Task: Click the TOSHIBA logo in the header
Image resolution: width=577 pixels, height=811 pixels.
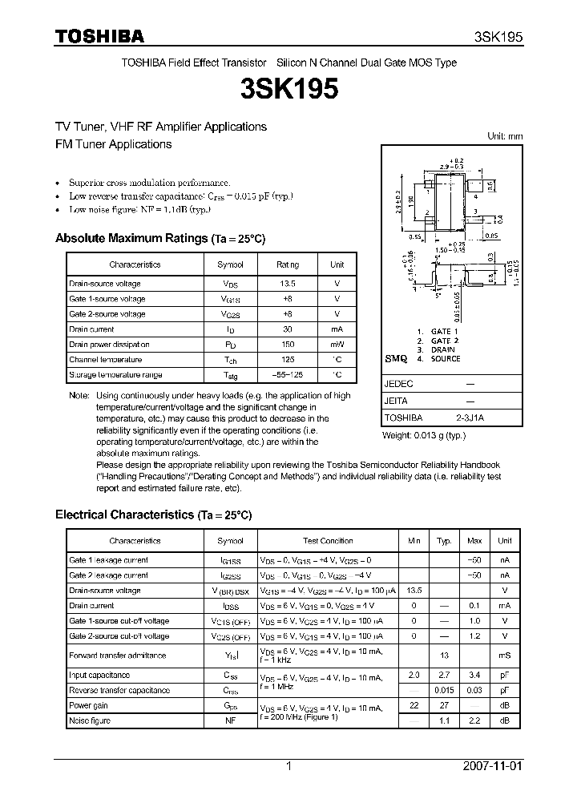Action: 99,36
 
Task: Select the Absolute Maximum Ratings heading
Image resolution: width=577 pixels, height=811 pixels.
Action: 159,239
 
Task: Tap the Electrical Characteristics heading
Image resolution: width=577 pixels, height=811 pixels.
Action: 153,514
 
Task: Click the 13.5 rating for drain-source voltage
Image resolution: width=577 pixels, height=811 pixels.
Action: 287,284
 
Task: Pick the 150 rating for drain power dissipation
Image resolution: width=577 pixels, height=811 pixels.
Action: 287,345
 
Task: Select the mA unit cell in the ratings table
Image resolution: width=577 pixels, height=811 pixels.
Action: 337,329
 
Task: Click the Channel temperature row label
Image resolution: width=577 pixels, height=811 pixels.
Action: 105,360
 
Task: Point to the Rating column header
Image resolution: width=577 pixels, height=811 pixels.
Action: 287,264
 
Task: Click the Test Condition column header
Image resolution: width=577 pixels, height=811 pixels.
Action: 328,541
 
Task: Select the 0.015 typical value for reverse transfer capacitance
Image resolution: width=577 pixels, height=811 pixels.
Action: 443,690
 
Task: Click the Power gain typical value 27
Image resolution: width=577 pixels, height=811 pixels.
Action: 443,706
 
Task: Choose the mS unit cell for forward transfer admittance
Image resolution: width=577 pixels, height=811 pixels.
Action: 504,656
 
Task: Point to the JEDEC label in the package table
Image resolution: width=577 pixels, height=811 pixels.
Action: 398,385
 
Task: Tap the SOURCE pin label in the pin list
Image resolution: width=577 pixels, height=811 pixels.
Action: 446,359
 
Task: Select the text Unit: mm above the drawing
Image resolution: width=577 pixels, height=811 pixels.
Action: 505,136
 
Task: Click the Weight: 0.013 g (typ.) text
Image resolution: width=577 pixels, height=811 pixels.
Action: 423,435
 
